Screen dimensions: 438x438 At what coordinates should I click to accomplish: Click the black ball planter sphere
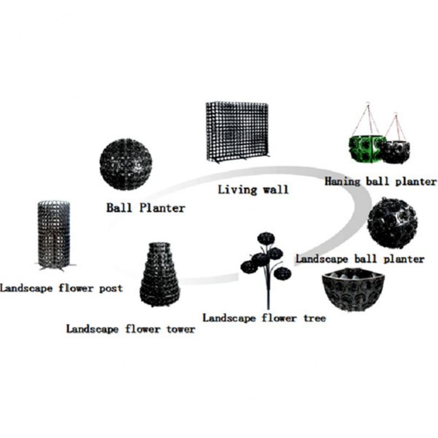(x=126, y=164)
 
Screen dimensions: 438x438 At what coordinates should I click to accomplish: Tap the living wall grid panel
(x=237, y=131)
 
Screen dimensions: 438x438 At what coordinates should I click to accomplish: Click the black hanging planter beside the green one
(x=396, y=152)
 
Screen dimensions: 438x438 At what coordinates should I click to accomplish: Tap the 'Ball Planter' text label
(x=146, y=207)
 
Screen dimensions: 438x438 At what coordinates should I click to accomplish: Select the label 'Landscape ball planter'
(x=360, y=259)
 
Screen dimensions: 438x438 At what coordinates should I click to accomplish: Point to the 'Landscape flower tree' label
(x=264, y=318)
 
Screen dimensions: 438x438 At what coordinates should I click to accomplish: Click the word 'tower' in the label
(x=179, y=328)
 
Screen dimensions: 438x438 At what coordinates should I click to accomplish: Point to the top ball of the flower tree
(x=266, y=238)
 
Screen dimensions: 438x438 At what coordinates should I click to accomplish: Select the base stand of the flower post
(x=54, y=266)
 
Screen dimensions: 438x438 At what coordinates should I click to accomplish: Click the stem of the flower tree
(x=266, y=291)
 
